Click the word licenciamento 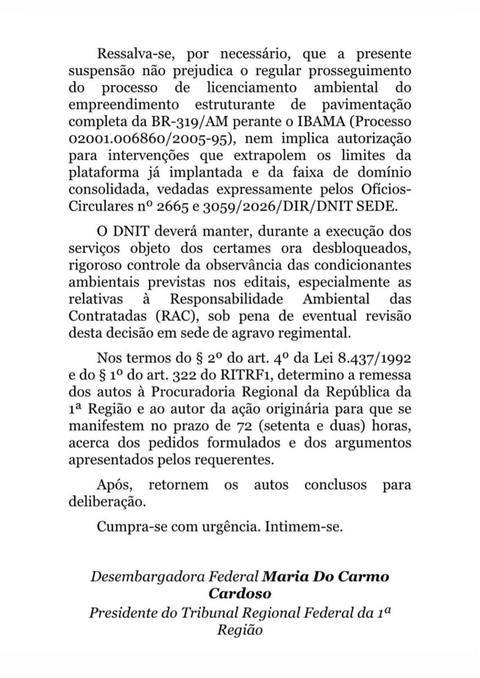252,87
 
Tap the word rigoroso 95,266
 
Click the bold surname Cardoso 240,593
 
